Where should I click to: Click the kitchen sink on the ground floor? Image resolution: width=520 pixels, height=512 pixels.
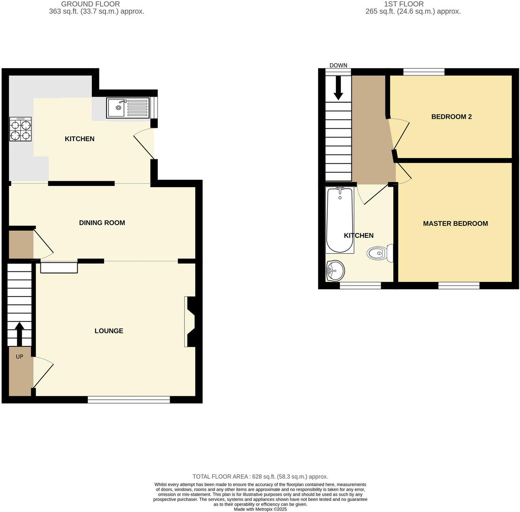pyautogui.click(x=127, y=108)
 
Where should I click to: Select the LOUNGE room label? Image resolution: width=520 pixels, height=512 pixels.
pyautogui.click(x=109, y=331)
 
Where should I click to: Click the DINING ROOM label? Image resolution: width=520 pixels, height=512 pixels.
pyautogui.click(x=102, y=223)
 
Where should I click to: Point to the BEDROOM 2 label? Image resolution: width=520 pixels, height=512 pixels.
pyautogui.click(x=451, y=117)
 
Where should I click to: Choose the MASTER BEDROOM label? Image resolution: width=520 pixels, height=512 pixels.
pyautogui.click(x=455, y=224)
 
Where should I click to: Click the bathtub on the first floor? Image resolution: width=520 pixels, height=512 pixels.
pyautogui.click(x=340, y=220)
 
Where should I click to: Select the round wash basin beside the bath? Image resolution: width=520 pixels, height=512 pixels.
pyautogui.click(x=335, y=271)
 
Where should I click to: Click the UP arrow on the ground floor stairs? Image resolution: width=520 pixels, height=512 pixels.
pyautogui.click(x=19, y=333)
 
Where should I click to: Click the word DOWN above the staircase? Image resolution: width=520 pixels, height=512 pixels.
pyautogui.click(x=338, y=65)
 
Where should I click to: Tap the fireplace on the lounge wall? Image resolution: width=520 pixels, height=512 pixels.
pyautogui.click(x=190, y=322)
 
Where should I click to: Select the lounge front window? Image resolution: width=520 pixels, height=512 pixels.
pyautogui.click(x=129, y=400)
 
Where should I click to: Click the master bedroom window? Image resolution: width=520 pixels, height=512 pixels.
pyautogui.click(x=459, y=285)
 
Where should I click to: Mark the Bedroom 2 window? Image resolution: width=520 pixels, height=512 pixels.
pyautogui.click(x=423, y=72)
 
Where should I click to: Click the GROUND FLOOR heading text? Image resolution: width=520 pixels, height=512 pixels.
pyautogui.click(x=90, y=4)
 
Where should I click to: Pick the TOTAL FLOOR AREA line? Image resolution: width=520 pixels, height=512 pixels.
pyautogui.click(x=260, y=476)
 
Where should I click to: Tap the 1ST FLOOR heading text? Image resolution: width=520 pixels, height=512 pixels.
pyautogui.click(x=404, y=4)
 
